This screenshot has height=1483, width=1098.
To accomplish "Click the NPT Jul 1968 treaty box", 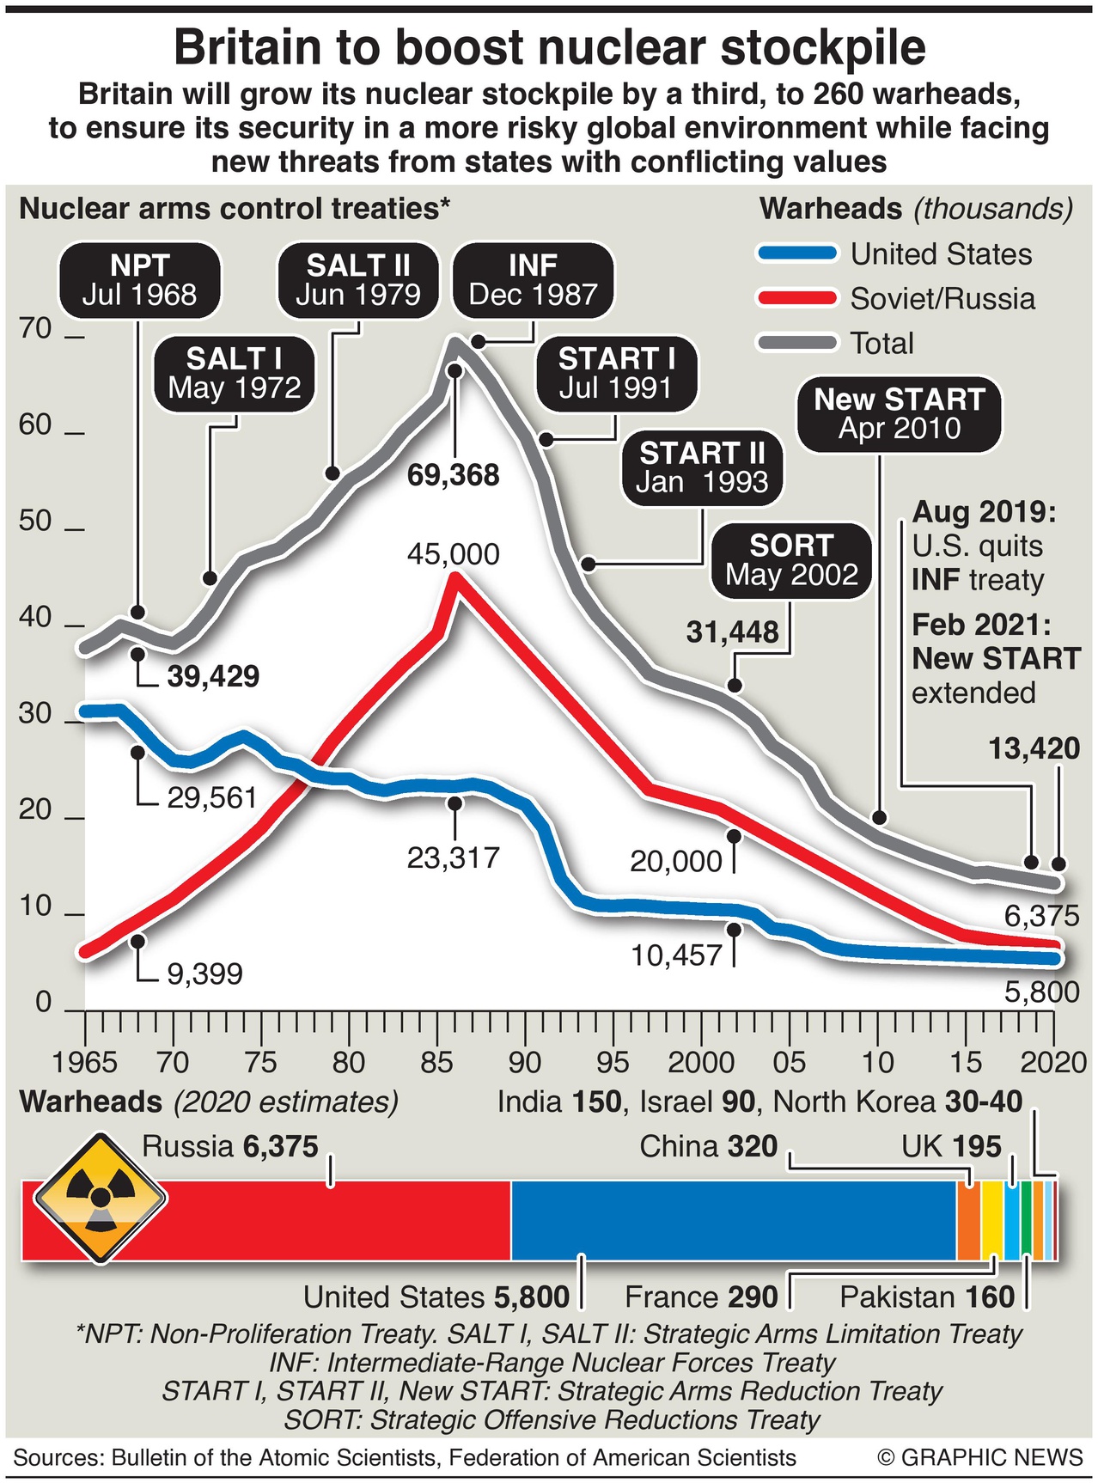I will tap(139, 280).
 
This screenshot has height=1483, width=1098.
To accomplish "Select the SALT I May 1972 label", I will tap(235, 373).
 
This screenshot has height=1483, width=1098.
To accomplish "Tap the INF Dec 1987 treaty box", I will tap(533, 280).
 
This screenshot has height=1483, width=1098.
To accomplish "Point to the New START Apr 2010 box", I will tap(899, 414).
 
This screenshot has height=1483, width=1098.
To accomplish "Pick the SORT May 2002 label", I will tap(791, 560).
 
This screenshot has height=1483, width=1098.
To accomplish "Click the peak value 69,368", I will tap(453, 475).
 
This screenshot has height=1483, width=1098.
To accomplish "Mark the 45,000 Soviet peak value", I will tap(453, 554).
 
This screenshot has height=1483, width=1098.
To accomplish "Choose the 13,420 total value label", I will tap(1034, 749).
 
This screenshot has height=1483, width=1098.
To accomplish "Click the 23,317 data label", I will tap(453, 857).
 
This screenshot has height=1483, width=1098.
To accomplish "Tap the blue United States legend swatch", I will tap(797, 253).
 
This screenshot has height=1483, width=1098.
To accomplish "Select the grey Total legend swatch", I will tap(797, 343).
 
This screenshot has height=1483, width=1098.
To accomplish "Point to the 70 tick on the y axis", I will tap(35, 329).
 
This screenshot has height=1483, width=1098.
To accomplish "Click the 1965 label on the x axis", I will tap(84, 1063).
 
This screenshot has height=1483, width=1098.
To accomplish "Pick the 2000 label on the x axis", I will tap(701, 1063).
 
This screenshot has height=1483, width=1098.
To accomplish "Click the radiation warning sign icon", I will tap(101, 1197).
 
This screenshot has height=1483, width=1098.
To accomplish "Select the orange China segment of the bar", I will tap(968, 1221).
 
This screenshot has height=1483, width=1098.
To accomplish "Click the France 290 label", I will tap(700, 1297).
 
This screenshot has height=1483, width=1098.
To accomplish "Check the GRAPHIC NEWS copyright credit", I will tap(980, 1458).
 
